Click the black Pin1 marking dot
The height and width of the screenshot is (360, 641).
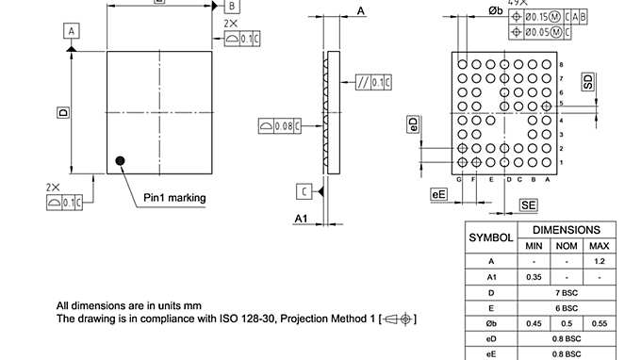120,160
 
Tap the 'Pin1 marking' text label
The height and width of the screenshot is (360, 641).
174,198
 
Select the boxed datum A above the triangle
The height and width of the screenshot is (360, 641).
71,31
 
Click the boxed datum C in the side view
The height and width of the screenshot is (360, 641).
304,191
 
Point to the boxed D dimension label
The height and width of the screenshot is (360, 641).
63,112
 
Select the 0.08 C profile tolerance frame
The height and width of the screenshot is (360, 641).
278,124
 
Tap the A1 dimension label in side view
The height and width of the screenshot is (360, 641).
302,219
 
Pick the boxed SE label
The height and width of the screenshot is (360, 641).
528,205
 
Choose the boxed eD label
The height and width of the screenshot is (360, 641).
413,125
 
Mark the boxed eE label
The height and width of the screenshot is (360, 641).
438,194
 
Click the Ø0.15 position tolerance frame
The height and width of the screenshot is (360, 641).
548,17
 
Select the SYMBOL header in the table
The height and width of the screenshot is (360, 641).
491,237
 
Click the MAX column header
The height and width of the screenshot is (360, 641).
599,246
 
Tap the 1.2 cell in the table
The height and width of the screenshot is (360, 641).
599,262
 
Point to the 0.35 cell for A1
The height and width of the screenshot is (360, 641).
534,278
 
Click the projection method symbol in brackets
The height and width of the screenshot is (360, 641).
400,319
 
